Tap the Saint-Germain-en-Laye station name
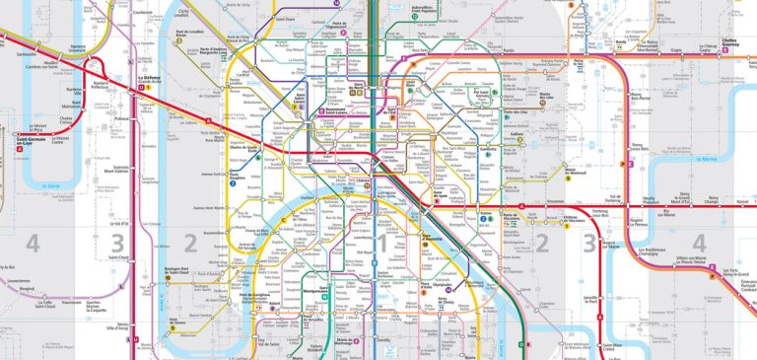click(x=30, y=141)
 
